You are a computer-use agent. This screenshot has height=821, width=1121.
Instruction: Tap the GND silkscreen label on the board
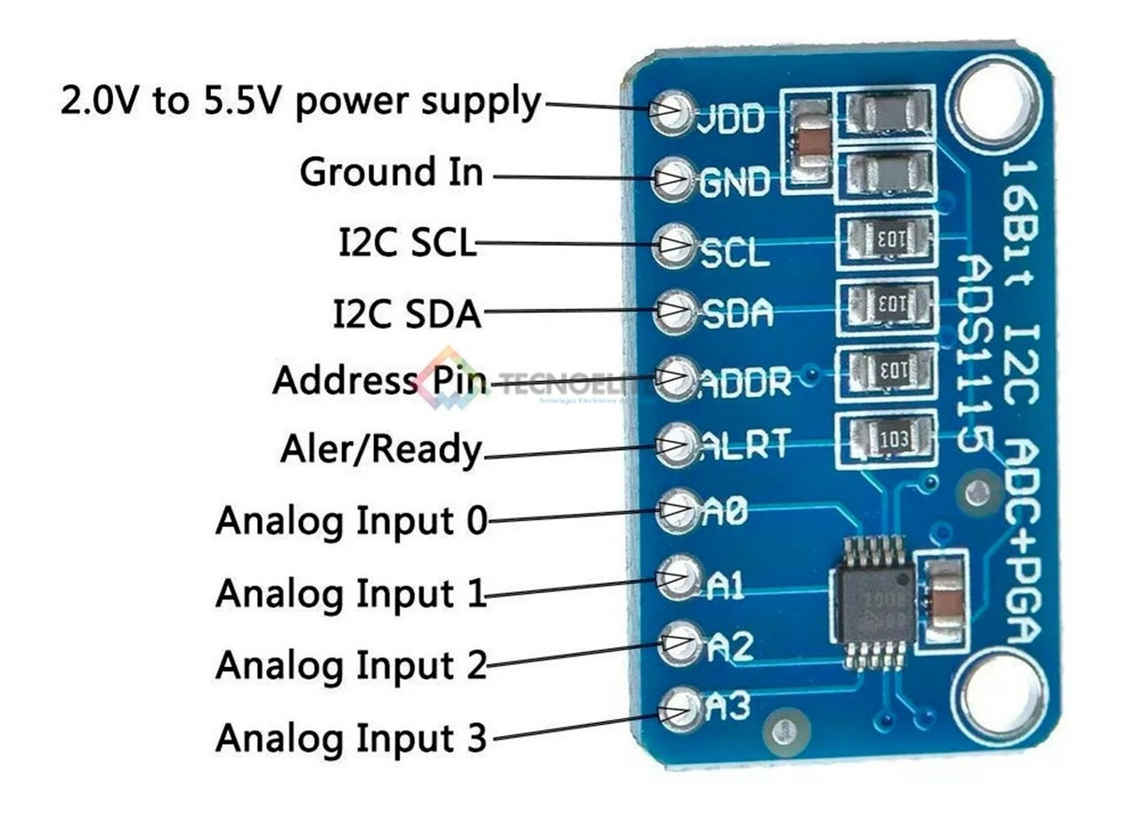[735, 182]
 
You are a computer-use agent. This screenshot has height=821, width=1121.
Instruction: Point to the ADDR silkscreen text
[745, 381]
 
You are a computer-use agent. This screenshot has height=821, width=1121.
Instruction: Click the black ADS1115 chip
[870, 602]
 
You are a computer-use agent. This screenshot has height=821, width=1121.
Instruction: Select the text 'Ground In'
[391, 173]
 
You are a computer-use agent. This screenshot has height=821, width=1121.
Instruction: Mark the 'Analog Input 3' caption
[351, 739]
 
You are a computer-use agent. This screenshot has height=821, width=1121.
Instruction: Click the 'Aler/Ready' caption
[380, 451]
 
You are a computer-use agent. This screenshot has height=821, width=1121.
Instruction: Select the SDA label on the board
[737, 314]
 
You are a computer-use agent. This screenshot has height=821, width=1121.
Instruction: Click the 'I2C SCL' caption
[405, 244]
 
